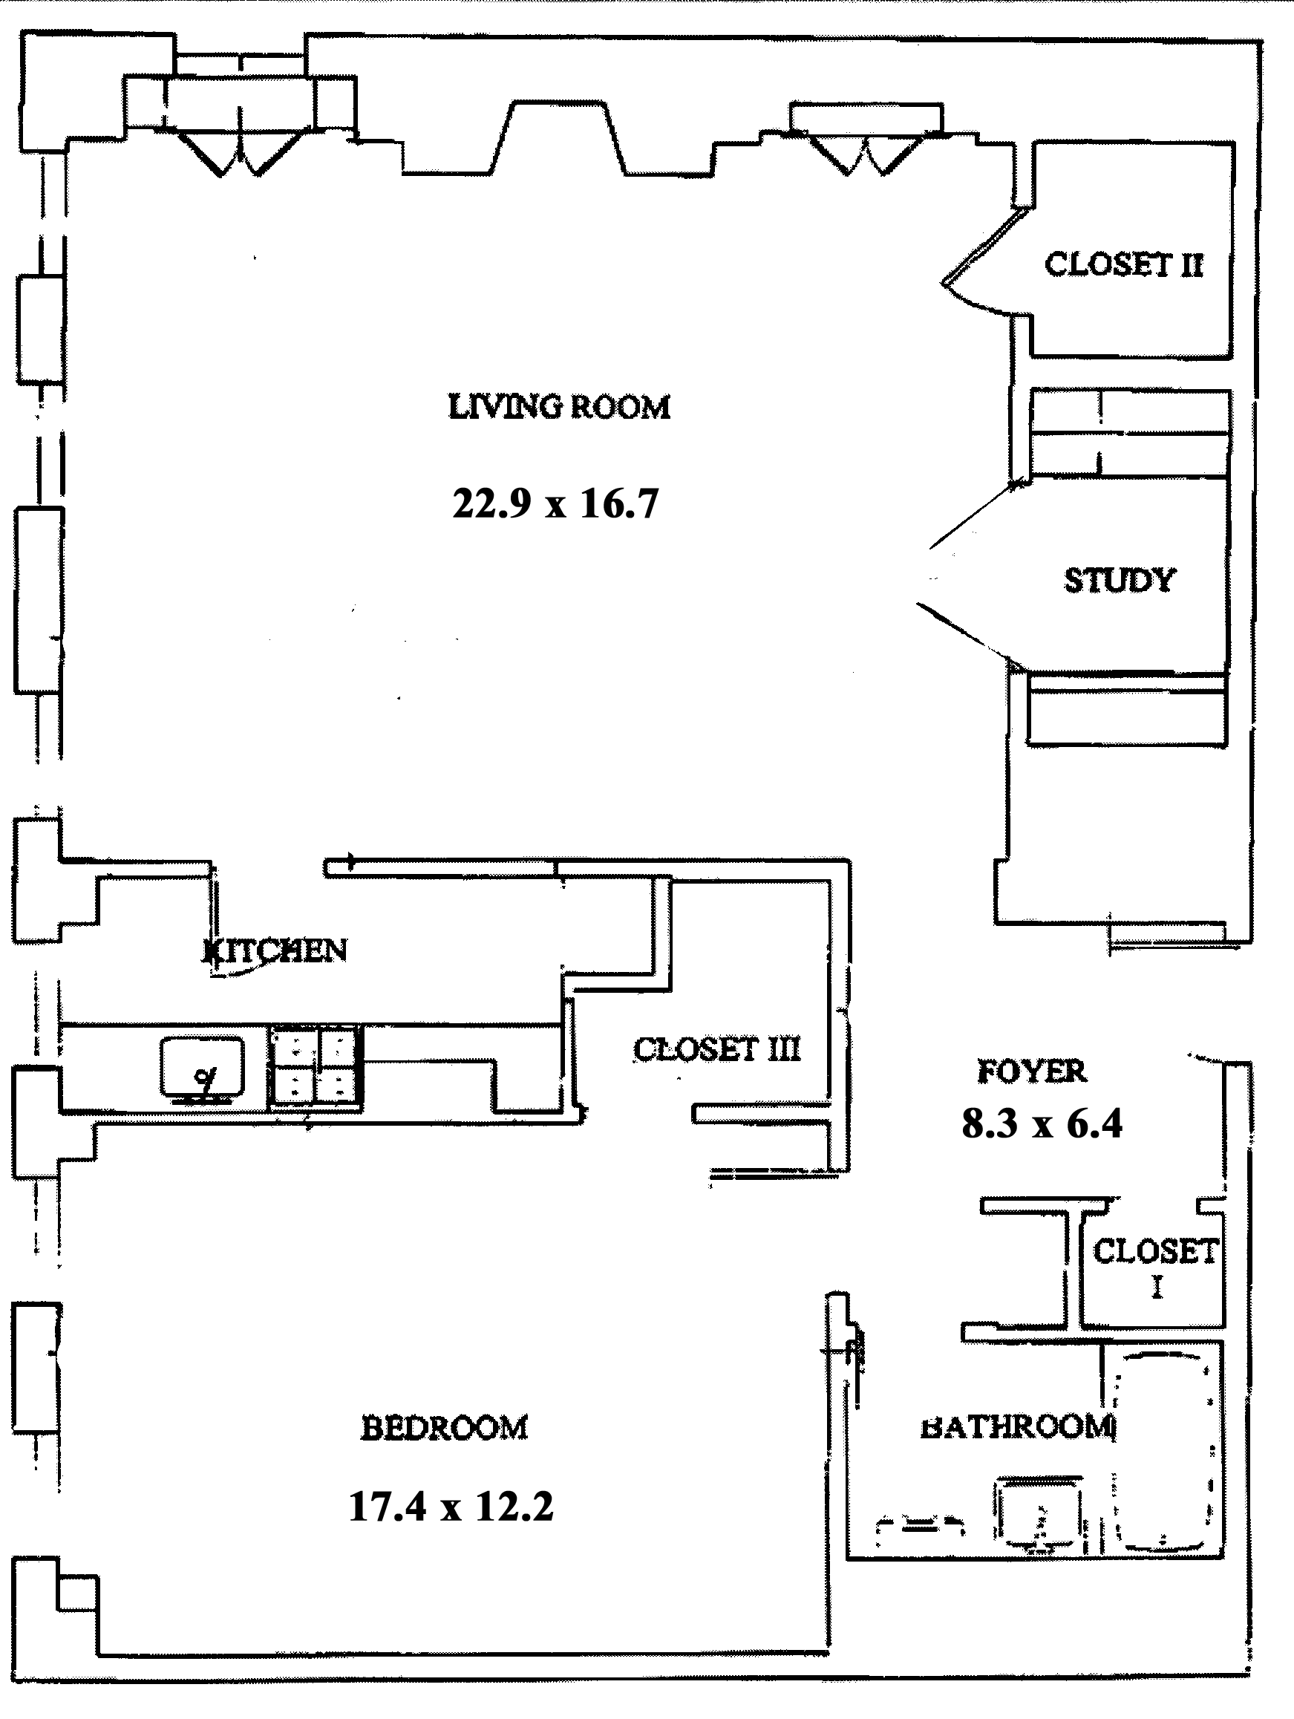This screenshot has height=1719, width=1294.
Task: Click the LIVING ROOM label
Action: [x=559, y=407]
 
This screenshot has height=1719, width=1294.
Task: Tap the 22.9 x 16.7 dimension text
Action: [x=555, y=503]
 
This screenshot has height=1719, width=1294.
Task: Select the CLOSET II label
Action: [x=1123, y=265]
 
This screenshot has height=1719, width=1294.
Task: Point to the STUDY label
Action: [x=1119, y=581]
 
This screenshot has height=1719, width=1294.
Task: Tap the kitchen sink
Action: [x=201, y=1070]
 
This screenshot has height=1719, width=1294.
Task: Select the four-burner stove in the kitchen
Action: [x=316, y=1065]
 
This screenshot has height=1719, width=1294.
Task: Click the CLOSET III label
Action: [x=716, y=1049]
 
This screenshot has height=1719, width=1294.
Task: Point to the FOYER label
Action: [x=1031, y=1071]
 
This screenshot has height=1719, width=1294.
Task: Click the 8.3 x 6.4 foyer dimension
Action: [x=1042, y=1123]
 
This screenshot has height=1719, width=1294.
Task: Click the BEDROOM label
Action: [x=445, y=1429]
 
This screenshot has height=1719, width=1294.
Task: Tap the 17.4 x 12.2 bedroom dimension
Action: [x=451, y=1507]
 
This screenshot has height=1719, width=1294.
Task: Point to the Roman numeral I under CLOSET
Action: [x=1157, y=1288]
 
